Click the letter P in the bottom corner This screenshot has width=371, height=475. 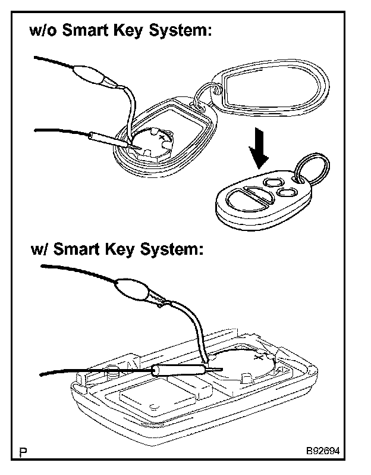pos(23,453)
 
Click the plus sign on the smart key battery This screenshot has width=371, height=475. pos(259,358)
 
